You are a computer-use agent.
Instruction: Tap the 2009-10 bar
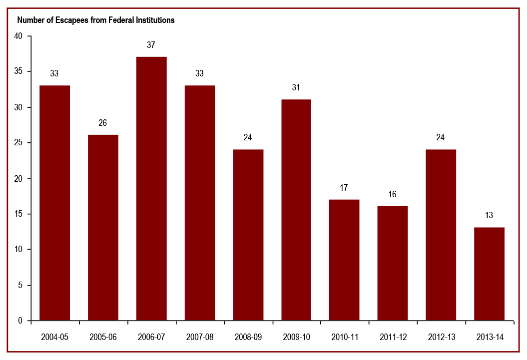tap(296, 210)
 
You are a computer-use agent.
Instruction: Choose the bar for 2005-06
tap(103, 227)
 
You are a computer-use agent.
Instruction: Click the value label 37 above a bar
tap(151, 45)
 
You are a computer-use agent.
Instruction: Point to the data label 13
tap(489, 216)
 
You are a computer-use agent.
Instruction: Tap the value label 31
tap(296, 87)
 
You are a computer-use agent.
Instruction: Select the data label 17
tap(344, 188)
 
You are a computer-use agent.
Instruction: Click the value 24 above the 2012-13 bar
tap(441, 137)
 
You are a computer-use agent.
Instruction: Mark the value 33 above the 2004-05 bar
tap(54, 73)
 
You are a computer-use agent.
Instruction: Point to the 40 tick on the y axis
tap(18, 36)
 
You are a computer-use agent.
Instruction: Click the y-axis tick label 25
tap(18, 143)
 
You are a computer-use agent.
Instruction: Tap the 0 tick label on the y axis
tap(20, 321)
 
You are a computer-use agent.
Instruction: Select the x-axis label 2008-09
tap(248, 337)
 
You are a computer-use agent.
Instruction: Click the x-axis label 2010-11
tap(344, 337)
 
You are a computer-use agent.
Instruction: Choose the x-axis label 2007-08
tap(199, 337)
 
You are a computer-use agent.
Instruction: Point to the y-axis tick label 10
tap(18, 250)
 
